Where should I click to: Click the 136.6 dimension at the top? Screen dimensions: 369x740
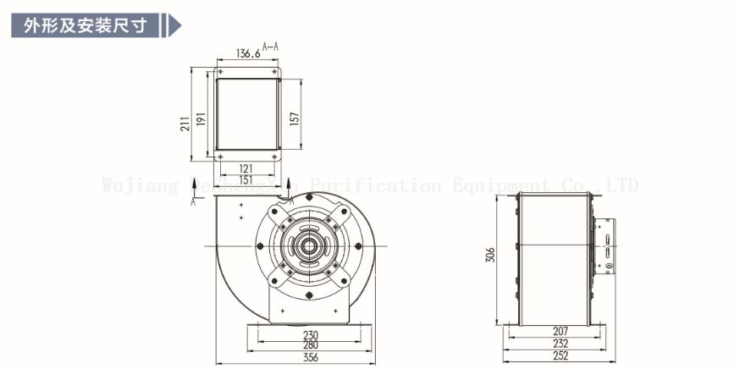[x=247, y=53]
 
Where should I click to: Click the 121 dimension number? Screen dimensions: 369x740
[x=246, y=169]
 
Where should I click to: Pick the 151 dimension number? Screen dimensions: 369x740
[x=246, y=179]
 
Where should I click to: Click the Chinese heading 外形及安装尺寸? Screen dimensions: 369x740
[x=85, y=25]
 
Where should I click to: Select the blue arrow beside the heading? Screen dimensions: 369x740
[x=174, y=25]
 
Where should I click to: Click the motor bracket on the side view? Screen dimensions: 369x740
[x=607, y=246]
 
